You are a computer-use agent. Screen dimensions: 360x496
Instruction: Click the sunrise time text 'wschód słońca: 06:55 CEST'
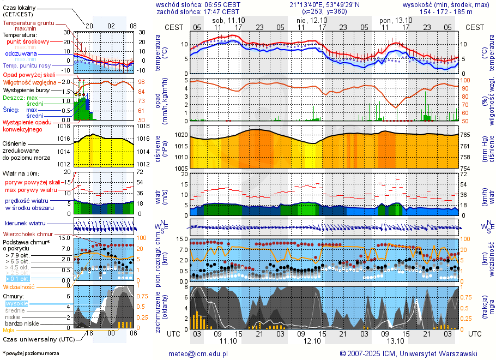[197, 4]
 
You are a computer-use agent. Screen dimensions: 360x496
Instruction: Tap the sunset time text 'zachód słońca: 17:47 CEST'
[197, 11]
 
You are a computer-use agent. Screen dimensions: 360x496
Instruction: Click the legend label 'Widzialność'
[19, 286]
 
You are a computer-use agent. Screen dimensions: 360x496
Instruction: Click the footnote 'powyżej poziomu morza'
[32, 353]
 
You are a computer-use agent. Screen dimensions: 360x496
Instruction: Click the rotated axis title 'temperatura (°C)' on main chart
[159, 53]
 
